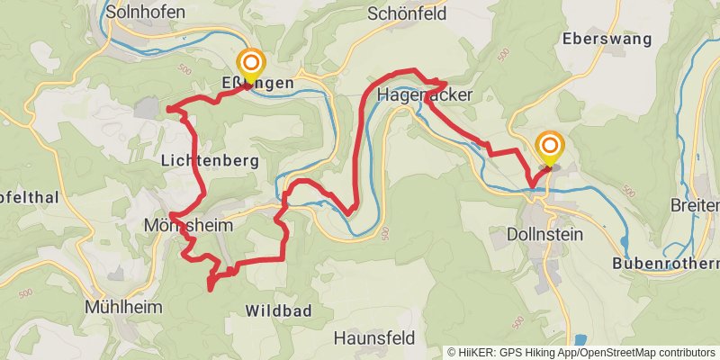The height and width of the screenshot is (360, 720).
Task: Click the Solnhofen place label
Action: [x=145, y=12]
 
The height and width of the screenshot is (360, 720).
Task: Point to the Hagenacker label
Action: [x=426, y=94]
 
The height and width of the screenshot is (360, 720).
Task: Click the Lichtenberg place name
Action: [x=210, y=161]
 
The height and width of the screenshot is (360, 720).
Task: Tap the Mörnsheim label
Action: [x=186, y=225]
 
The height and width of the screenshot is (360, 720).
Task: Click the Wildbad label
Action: [x=278, y=310]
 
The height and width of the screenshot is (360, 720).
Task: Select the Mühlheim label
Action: [x=123, y=307]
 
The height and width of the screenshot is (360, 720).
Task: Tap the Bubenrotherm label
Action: [x=665, y=264]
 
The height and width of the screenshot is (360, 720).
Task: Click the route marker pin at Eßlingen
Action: [x=250, y=64]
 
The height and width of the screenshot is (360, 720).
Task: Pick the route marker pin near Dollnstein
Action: [x=549, y=146]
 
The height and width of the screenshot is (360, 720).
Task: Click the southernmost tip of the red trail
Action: [x=209, y=289]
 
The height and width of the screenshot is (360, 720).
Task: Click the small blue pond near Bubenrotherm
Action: [x=624, y=244]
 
